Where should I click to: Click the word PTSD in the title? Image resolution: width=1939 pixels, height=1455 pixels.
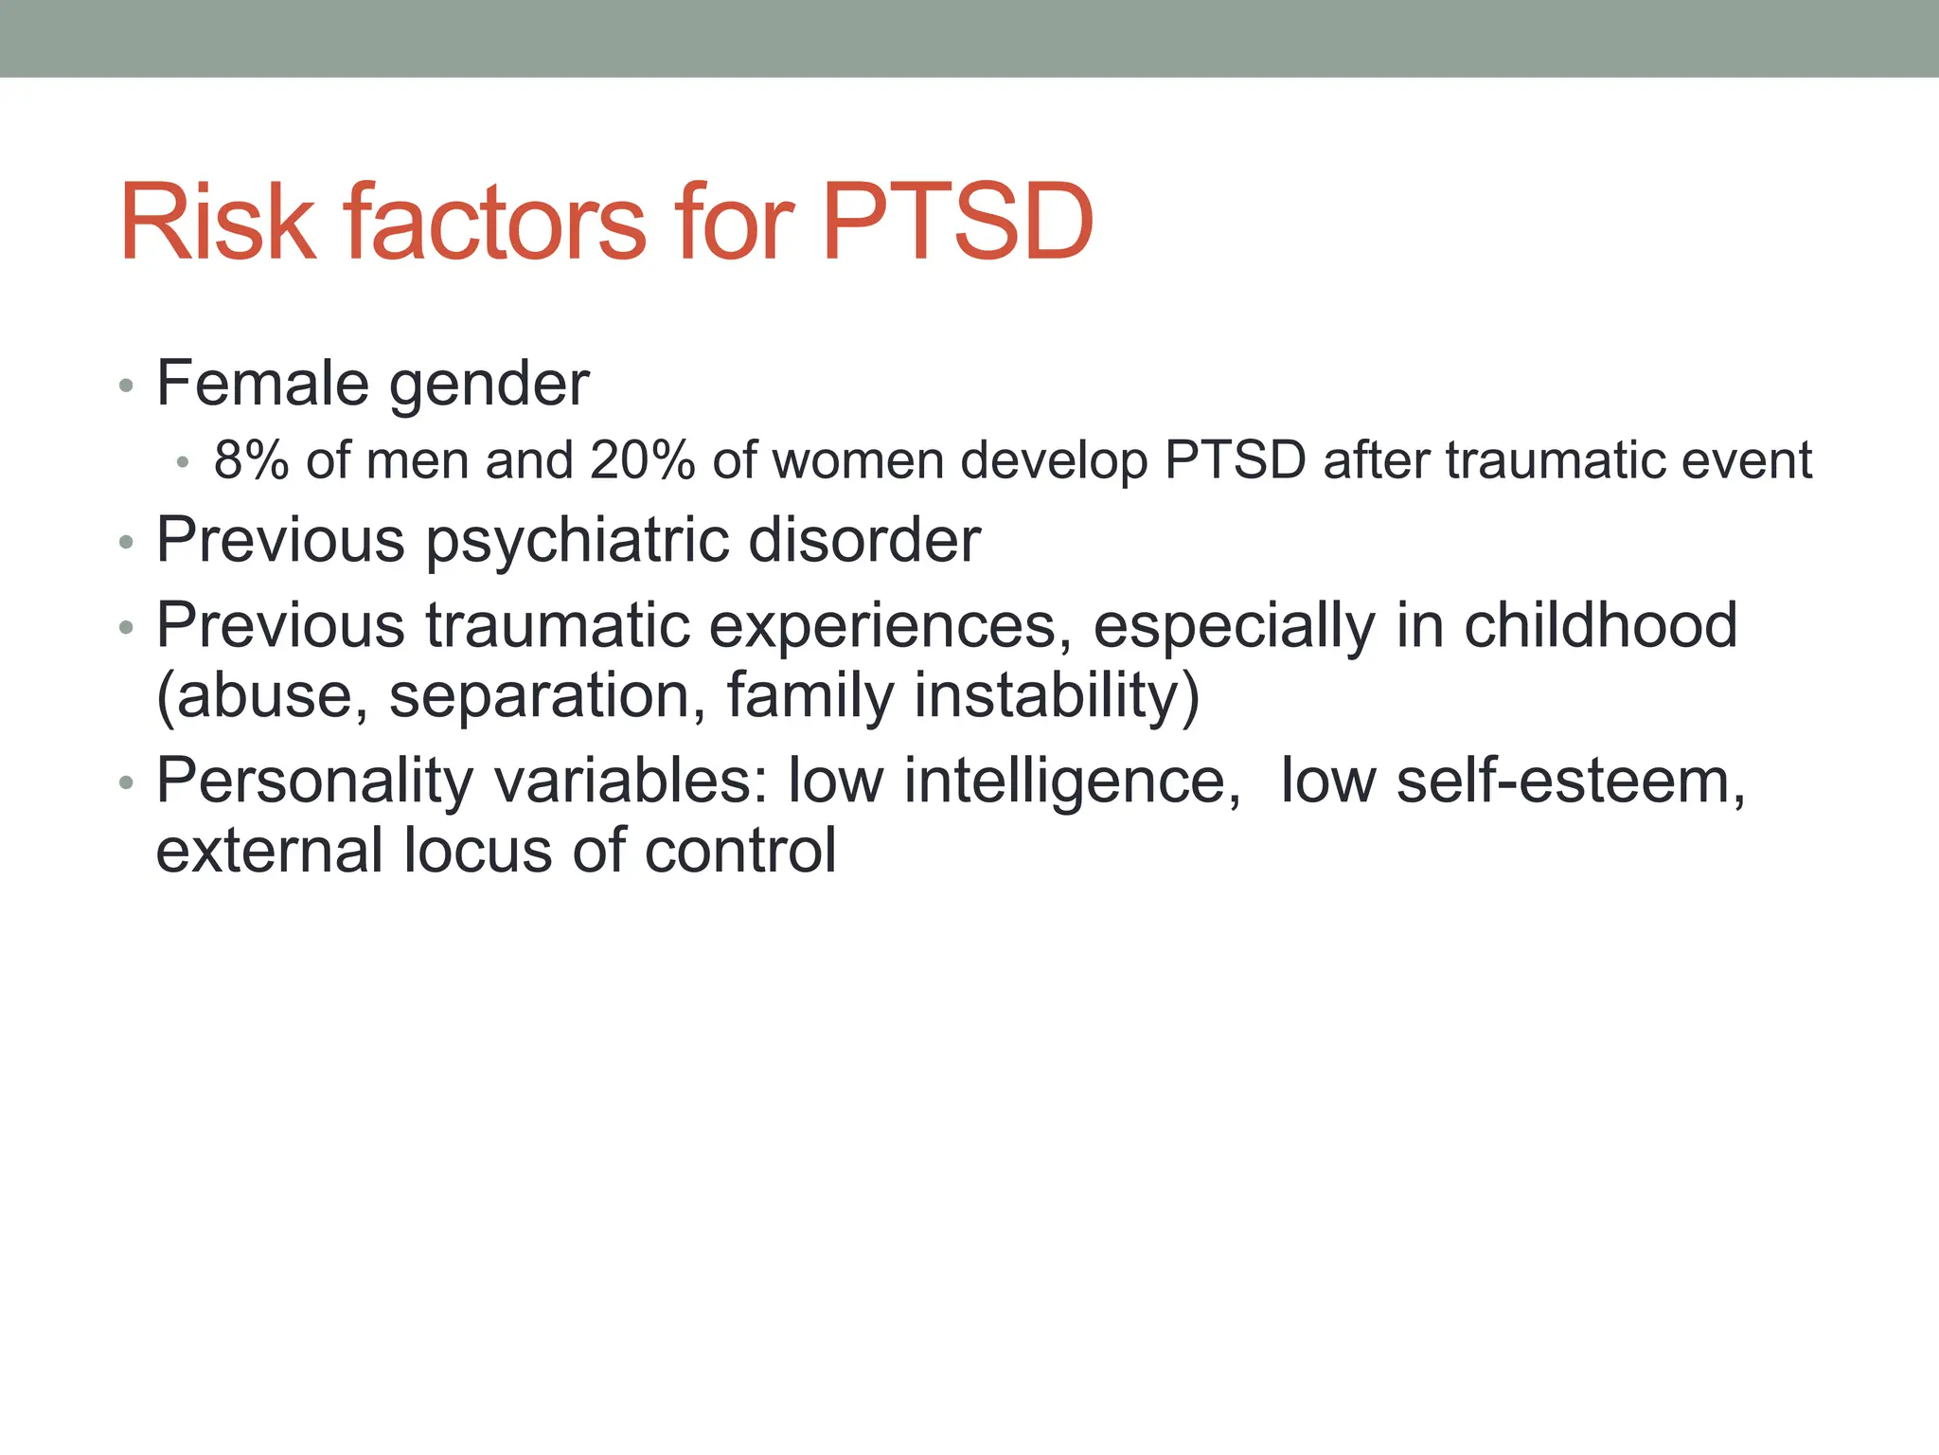pyautogui.click(x=957, y=224)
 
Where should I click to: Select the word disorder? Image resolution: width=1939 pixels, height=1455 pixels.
pyautogui.click(x=864, y=541)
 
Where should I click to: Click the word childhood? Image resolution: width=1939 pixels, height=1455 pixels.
pyautogui.click(x=1600, y=625)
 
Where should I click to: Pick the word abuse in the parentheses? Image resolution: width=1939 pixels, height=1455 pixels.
pyautogui.click(x=261, y=695)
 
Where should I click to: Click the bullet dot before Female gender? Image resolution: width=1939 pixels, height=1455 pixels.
pyautogui.click(x=126, y=386)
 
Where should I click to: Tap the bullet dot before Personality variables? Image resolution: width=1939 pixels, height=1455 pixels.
pyautogui.click(x=126, y=783)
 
